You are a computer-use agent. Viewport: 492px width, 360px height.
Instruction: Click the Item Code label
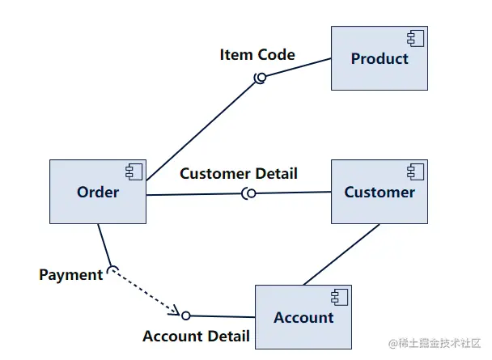tap(257, 55)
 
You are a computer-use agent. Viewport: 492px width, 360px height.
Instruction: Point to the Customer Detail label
tap(239, 173)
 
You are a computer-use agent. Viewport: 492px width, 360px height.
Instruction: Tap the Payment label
tap(70, 275)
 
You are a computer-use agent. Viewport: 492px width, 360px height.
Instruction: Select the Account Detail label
tap(196, 336)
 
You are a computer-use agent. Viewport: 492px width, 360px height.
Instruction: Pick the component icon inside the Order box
tap(134, 171)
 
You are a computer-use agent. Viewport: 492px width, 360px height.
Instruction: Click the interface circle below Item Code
tap(261, 78)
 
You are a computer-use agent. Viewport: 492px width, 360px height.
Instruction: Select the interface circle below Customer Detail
tap(251, 193)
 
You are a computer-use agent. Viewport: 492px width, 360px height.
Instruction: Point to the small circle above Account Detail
tap(185, 316)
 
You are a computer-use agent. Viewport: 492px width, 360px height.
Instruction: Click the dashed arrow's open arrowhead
tap(173, 310)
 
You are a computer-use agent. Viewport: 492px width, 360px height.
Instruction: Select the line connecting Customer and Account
tap(341, 254)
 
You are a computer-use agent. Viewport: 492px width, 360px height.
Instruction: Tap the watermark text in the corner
tap(435, 344)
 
